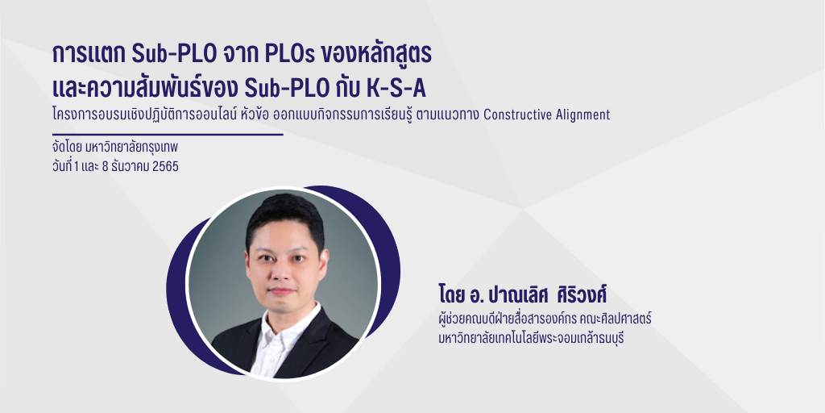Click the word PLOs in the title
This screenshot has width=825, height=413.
pyautogui.click(x=280, y=55)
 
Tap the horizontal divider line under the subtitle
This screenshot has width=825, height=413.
pyautogui.click(x=165, y=135)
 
